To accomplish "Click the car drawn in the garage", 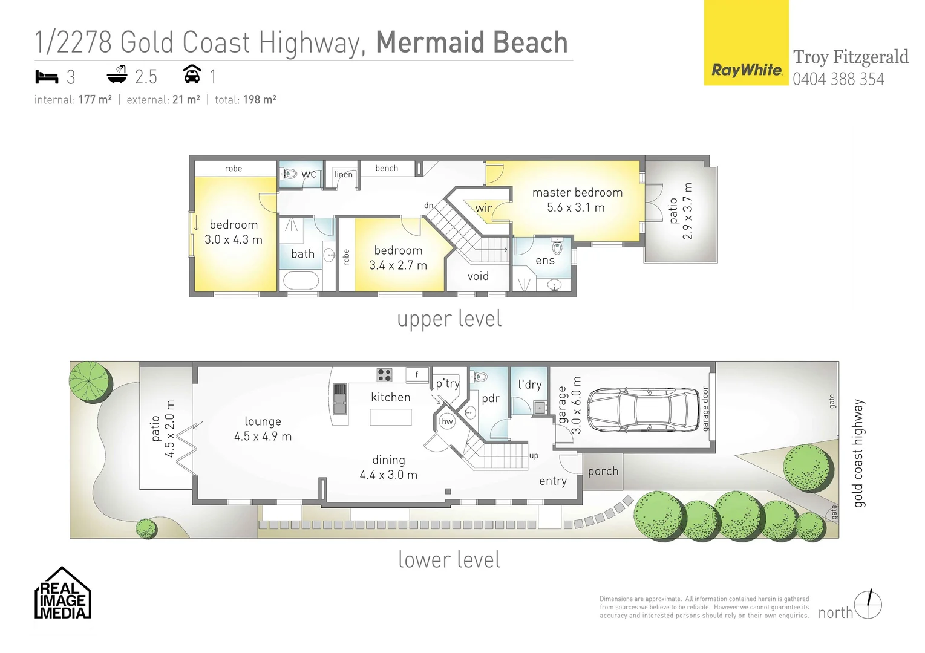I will pos(643,410).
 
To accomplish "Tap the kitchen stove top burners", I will pos(384,375).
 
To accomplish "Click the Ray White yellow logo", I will pos(746,43).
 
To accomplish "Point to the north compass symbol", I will pos(869,605).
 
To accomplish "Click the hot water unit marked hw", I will pos(447,422).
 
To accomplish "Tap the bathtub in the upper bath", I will pos(301,281).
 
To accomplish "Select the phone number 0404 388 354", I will pos(838,79).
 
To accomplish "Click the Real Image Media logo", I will pos(63,594).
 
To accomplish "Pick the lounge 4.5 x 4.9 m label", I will pos(263,429).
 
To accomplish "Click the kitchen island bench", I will pos(391,417).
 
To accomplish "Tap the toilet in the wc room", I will pos(289,174).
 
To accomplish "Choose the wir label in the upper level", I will pos(483,208).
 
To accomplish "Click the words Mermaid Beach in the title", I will pos(472,42).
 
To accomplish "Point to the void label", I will pos(478,276).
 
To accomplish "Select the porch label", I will pos(603,471).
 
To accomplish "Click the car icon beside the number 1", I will pos(192,75).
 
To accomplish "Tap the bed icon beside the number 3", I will pos(47,77).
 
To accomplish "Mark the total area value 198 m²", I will pos(260,100).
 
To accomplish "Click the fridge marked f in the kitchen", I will pos(417,375).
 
